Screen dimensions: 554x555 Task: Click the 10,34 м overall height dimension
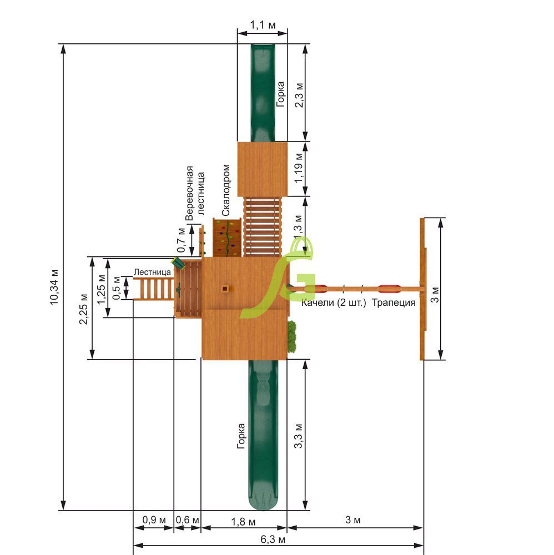tap(54, 287)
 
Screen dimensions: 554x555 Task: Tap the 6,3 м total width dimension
tap(273, 539)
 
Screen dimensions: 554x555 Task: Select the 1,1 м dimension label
tap(263, 25)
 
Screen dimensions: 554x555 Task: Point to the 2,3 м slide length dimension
tap(299, 95)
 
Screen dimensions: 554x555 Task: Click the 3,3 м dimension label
tap(299, 436)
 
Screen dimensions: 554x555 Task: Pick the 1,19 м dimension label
tap(299, 168)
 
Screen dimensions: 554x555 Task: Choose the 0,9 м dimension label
tap(154, 520)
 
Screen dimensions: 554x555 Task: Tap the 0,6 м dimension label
tap(188, 520)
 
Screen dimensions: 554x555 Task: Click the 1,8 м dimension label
tap(243, 522)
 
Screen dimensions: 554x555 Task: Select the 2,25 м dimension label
tap(83, 309)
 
